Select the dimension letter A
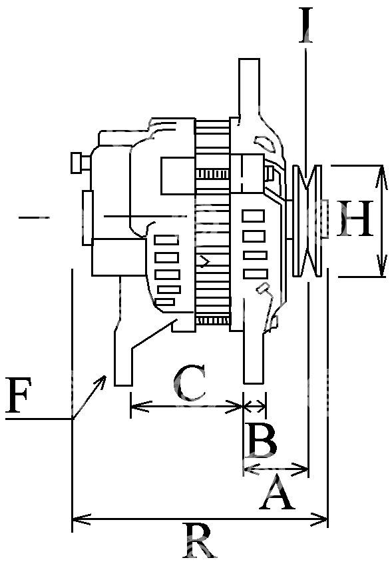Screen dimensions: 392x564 [x=277, y=492]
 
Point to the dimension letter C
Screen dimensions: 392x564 [x=190, y=383]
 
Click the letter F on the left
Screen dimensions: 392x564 [x=18, y=395]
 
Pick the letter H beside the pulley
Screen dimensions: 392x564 [x=355, y=219]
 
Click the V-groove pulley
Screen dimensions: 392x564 [x=307, y=221]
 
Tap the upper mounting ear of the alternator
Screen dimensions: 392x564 [x=249, y=86]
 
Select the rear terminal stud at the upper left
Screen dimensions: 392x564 [x=81, y=163]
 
